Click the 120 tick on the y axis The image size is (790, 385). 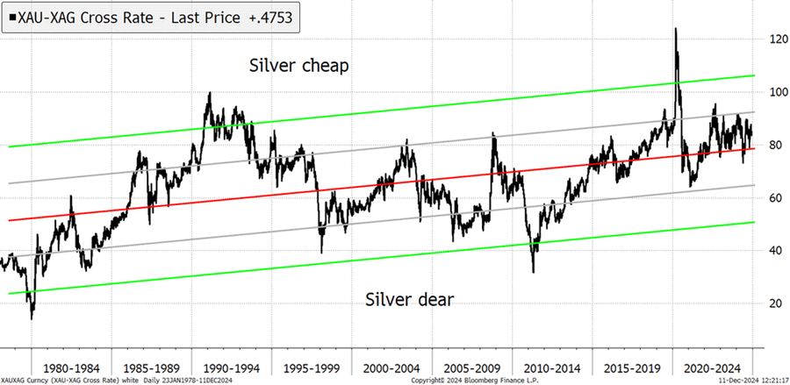tap(772, 39)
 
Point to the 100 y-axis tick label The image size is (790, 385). tap(772, 92)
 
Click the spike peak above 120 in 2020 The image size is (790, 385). tap(675, 29)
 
